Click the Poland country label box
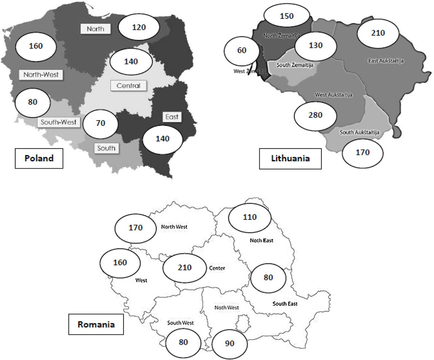point(39,158)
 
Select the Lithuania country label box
point(290,158)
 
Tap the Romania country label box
point(96,324)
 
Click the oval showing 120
point(139,27)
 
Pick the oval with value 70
point(100,123)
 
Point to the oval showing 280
point(315,115)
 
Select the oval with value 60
point(242,51)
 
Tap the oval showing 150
point(287,16)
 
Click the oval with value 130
point(316,45)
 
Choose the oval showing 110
point(250,217)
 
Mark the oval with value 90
point(230,343)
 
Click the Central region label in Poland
point(128,86)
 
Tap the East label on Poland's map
point(172,117)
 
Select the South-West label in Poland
point(59,122)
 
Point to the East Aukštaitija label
point(386,61)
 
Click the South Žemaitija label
point(295,65)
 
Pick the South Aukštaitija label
point(359,132)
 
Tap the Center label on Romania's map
point(217,268)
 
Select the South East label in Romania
point(285,304)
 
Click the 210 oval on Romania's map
point(184,268)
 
